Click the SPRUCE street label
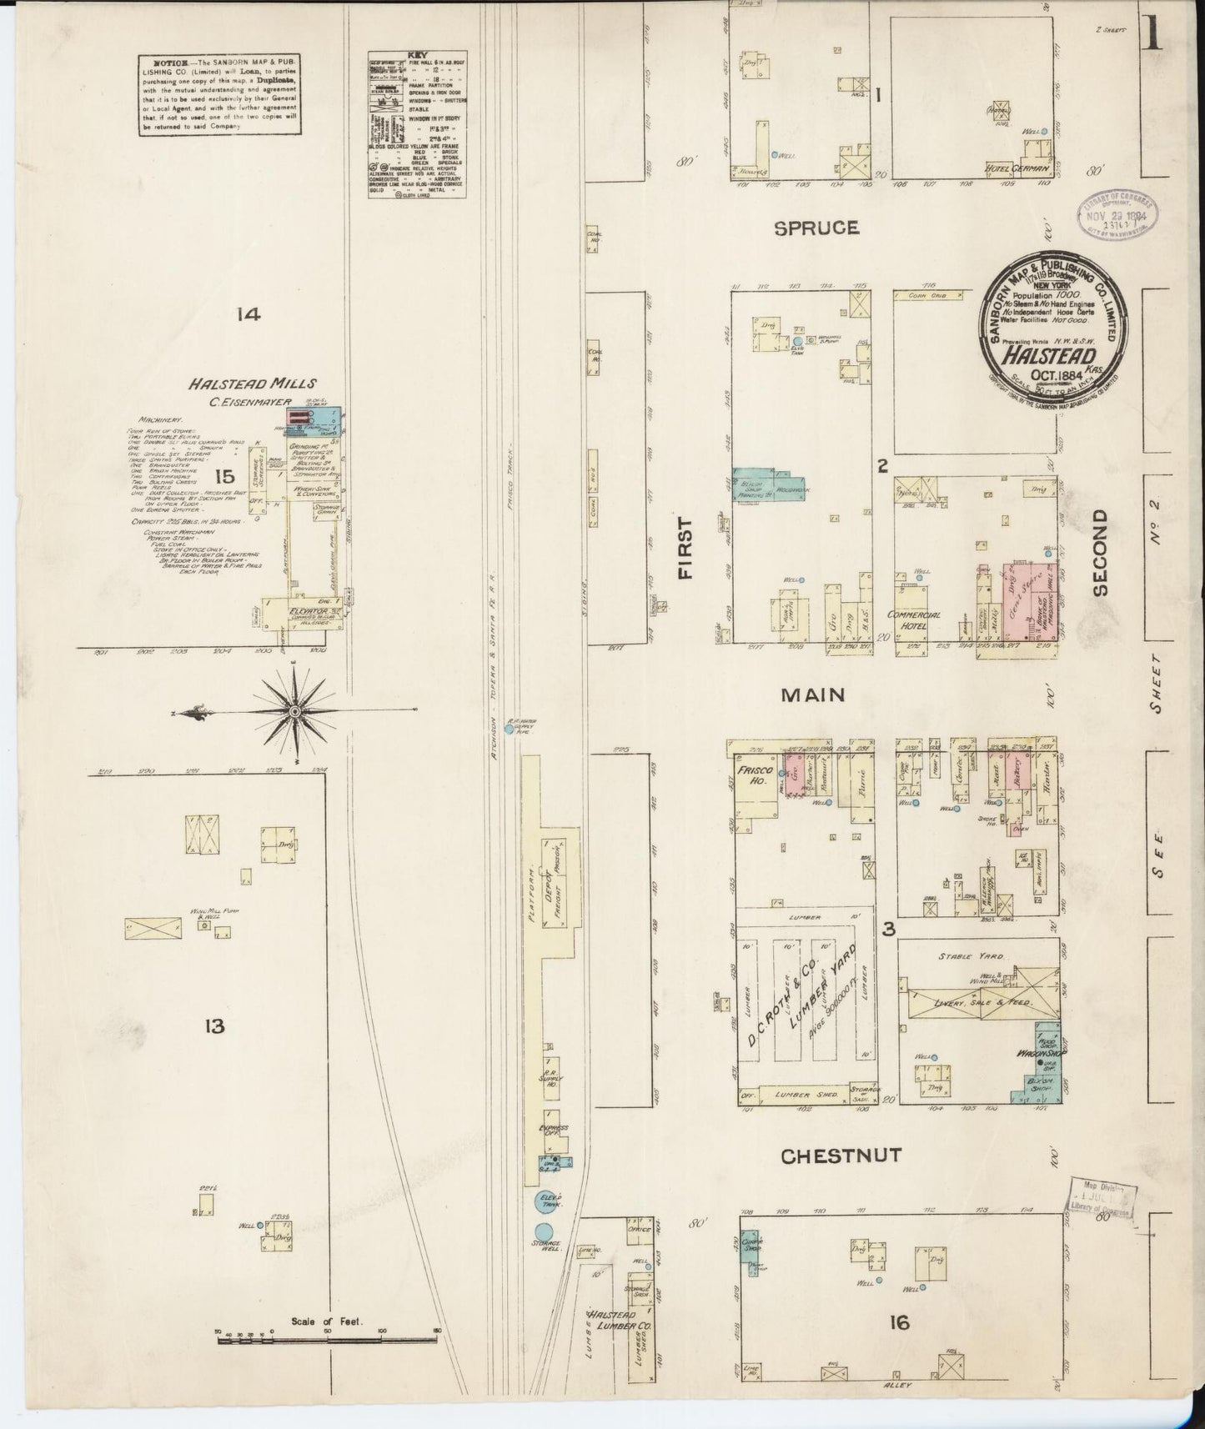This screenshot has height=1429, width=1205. pos(816,227)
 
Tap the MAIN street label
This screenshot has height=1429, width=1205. pos(814,694)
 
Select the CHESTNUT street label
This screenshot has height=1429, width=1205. pos(841,1156)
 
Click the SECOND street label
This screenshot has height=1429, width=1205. pos(1100,552)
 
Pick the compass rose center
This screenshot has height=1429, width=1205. pos(294,711)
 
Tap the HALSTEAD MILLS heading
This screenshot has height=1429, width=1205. pos(251,384)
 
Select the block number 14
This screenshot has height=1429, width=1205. pos(249,314)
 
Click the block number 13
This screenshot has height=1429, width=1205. pos(215,1026)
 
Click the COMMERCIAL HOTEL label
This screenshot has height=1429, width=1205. pos(914,619)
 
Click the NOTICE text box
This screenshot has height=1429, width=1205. pos(220,94)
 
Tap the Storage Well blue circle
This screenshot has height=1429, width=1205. pos(544,1231)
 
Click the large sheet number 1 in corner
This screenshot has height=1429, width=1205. pos(1153,34)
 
